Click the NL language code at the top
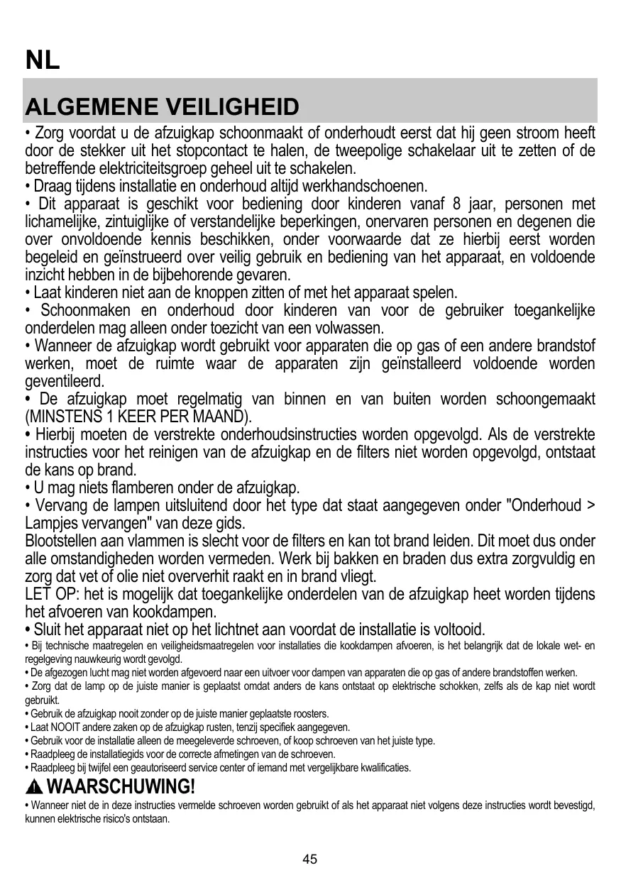click(x=43, y=60)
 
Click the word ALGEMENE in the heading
click(x=91, y=109)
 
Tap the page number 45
click(x=310, y=859)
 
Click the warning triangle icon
click(x=33, y=787)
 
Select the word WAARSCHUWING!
click(x=120, y=787)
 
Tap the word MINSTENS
click(x=63, y=416)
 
